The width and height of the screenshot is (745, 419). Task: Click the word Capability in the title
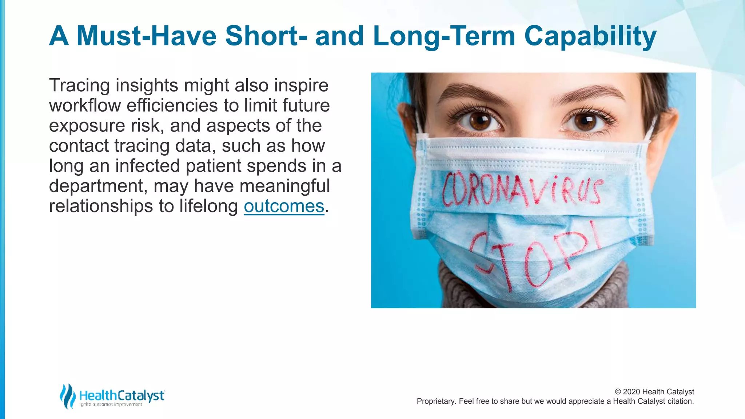[590, 36]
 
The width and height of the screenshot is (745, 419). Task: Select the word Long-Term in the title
[444, 36]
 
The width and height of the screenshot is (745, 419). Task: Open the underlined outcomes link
[284, 206]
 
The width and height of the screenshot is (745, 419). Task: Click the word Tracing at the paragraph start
[79, 86]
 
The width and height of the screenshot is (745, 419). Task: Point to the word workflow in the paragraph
[85, 105]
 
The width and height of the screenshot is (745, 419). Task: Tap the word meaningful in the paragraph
[284, 186]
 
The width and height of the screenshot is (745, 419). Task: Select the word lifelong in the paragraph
[208, 206]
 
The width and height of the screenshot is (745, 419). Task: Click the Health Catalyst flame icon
[67, 396]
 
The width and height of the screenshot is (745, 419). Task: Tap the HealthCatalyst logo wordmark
[122, 395]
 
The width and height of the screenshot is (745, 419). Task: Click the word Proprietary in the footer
[435, 401]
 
